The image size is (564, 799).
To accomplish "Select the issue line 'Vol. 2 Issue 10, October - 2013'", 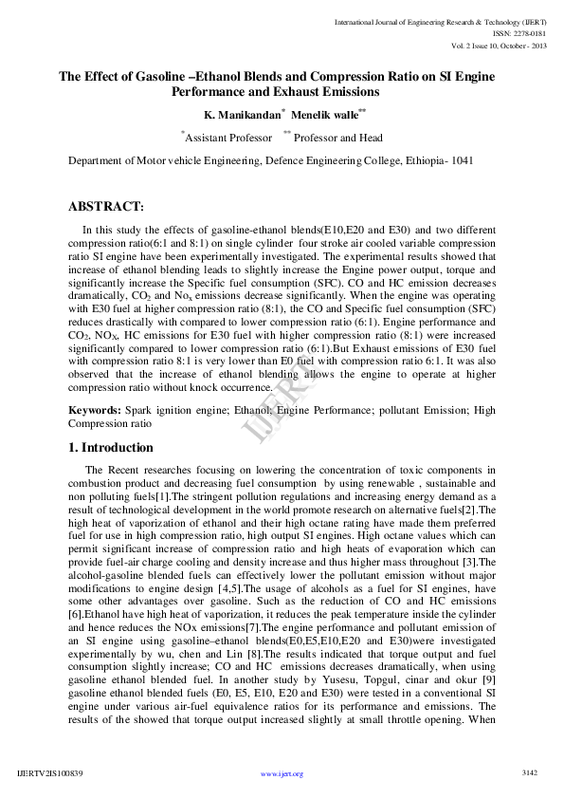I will pyautogui.click(x=491, y=46).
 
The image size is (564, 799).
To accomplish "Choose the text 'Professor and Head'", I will pyautogui.click(x=337, y=138).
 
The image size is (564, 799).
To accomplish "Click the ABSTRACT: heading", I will pyautogui.click(x=106, y=206).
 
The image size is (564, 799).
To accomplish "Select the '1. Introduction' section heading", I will pyautogui.click(x=111, y=448).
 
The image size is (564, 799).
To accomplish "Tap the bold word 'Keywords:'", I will pyautogui.click(x=94, y=409).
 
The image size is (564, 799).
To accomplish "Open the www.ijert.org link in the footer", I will pyautogui.click(x=282, y=774).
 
